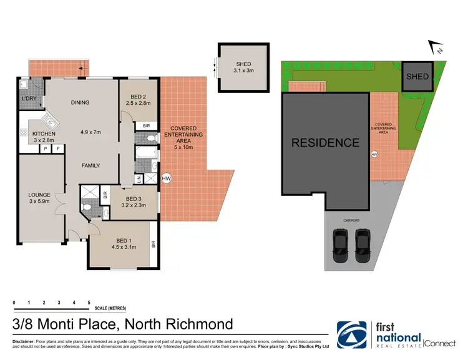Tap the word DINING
(80, 103)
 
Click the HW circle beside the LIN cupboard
(166, 179)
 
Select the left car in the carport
(340, 246)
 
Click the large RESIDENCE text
(325, 143)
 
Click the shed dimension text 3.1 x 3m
(243, 71)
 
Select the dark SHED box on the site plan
(417, 77)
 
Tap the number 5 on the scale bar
(89, 302)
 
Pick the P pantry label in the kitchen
(46, 149)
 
